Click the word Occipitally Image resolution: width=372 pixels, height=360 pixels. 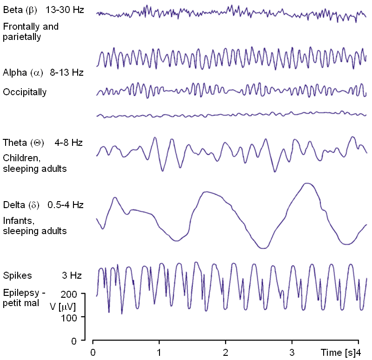click(25, 92)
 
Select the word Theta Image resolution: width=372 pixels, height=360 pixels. click(14, 143)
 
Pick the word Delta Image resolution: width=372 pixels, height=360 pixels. click(13, 205)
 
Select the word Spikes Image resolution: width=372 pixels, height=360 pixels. click(17, 275)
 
